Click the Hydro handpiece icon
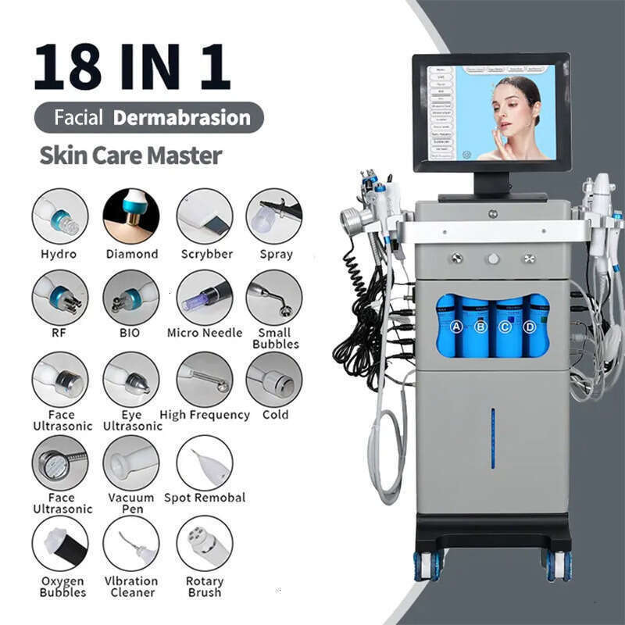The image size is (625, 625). coord(60,216)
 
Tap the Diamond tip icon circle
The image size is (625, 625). coord(131,216)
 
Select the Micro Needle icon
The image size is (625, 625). coord(205,298)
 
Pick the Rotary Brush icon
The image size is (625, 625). coord(205,543)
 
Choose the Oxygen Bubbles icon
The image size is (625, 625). coord(60,543)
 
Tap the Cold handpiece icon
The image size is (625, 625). coord(274,380)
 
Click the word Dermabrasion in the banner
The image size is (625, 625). coord(181,118)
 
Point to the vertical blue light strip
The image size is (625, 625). coord(493,438)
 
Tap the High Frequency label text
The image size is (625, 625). coord(205,415)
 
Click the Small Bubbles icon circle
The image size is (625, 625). coord(274,298)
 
